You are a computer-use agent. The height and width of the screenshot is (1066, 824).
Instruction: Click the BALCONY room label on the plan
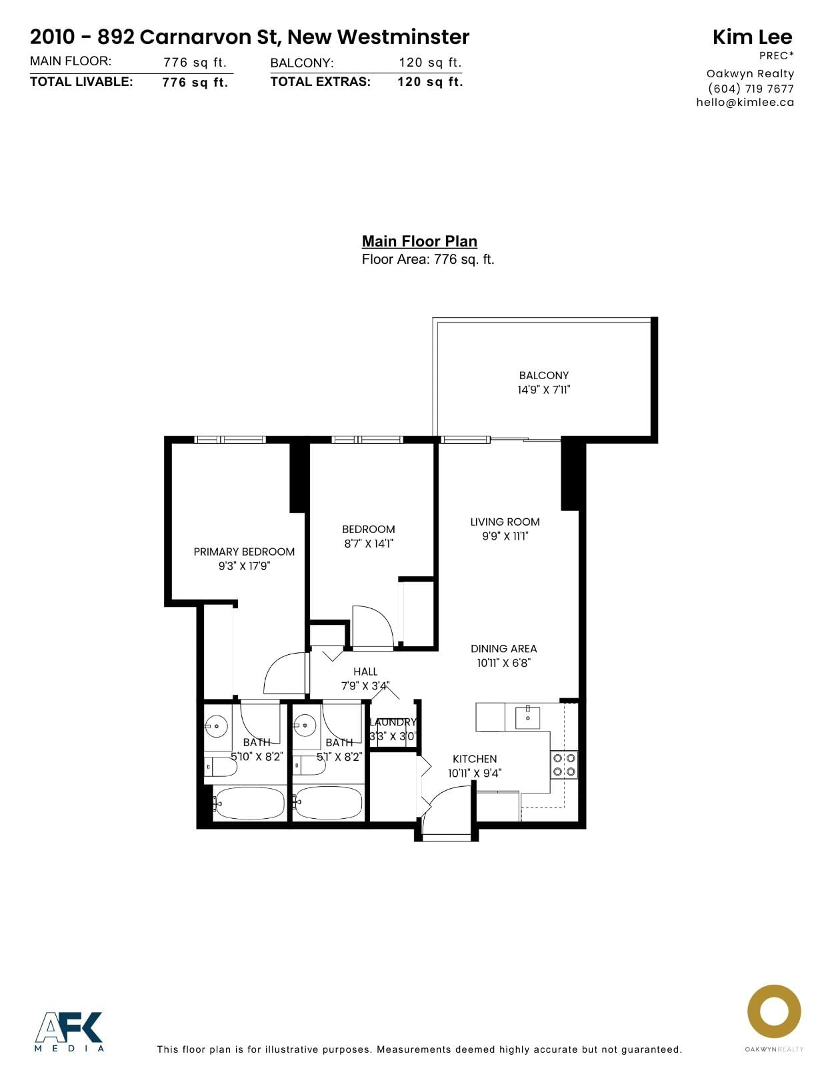[544, 375]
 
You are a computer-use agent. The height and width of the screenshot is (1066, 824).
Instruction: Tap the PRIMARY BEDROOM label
[244, 552]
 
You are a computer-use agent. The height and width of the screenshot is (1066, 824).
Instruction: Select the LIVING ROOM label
[505, 522]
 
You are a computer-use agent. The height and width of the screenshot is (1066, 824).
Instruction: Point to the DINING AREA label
[503, 648]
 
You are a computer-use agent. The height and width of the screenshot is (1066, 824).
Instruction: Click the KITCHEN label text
[475, 759]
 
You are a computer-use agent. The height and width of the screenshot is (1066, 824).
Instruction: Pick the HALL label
[365, 672]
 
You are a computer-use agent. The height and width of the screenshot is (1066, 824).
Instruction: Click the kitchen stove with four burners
[564, 765]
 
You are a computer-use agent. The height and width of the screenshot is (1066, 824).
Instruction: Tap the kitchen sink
[527, 718]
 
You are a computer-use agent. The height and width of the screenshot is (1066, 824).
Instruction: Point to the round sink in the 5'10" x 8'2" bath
[216, 726]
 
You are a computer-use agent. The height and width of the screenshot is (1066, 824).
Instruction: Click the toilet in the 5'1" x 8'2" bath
[309, 766]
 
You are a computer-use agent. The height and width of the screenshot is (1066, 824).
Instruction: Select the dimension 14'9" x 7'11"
[544, 390]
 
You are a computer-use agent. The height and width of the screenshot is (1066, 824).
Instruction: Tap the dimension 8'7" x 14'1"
[368, 543]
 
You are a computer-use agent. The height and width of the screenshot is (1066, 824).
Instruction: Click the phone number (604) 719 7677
[751, 89]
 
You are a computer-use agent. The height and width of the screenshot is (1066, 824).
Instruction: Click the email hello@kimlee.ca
[745, 102]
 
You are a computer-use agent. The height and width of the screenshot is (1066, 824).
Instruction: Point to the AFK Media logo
[69, 1031]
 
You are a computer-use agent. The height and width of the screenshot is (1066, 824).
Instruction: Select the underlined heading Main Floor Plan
[419, 241]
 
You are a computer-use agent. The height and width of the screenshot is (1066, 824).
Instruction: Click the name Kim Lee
[753, 37]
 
